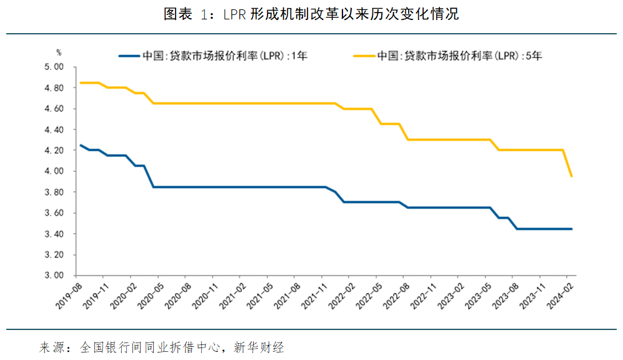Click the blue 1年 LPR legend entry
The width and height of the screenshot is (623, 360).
click(x=212, y=56)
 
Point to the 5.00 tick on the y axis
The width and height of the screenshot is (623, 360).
click(x=56, y=67)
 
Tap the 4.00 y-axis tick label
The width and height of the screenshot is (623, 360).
click(x=56, y=171)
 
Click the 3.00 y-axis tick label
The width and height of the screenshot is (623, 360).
click(x=56, y=276)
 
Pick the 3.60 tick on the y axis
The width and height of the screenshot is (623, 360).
click(x=56, y=213)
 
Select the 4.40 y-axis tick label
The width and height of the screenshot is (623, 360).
click(x=56, y=129)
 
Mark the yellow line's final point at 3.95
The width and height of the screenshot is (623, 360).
click(x=571, y=176)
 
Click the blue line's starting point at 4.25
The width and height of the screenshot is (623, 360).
click(x=79, y=145)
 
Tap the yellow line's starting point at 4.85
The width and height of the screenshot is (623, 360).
click(x=79, y=82)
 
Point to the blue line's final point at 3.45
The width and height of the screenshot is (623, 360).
click(x=571, y=229)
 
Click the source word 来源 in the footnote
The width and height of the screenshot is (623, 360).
click(x=51, y=346)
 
